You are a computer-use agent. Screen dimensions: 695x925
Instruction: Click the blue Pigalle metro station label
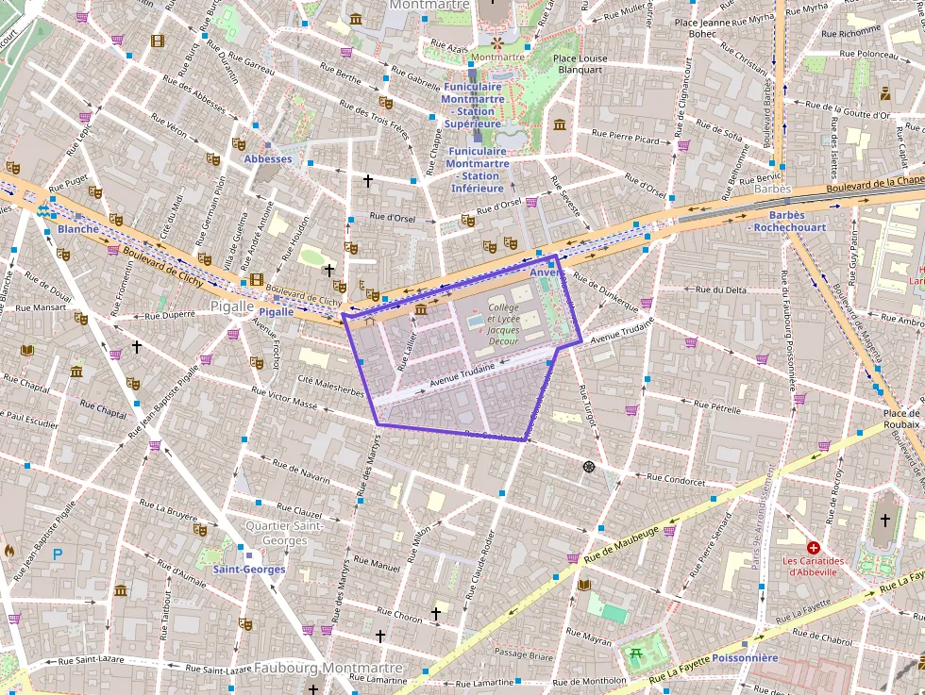pyautogui.click(x=277, y=311)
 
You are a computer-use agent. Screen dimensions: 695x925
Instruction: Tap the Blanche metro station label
pyautogui.click(x=77, y=229)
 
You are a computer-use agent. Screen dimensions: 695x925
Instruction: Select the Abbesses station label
pyautogui.click(x=268, y=159)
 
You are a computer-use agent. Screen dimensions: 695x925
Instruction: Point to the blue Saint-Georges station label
pyautogui.click(x=249, y=570)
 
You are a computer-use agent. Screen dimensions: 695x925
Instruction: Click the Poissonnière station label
pyautogui.click(x=745, y=657)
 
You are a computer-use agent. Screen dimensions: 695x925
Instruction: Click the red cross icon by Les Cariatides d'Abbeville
pyautogui.click(x=813, y=547)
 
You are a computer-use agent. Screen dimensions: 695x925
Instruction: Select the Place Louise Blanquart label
pyautogui.click(x=580, y=63)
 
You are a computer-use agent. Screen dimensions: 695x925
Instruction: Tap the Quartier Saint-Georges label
pyautogui.click(x=276, y=533)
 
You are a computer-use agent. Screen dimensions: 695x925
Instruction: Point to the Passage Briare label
pyautogui.click(x=524, y=654)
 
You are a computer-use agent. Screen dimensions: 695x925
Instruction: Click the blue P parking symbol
pyautogui.click(x=57, y=554)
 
